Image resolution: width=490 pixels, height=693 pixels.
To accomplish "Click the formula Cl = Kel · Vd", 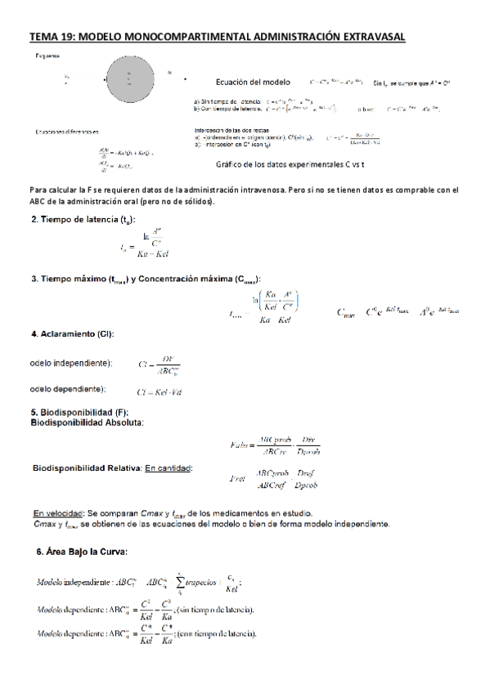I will [x=160, y=391].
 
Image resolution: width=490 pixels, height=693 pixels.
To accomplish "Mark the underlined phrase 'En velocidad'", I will [x=58, y=512].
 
